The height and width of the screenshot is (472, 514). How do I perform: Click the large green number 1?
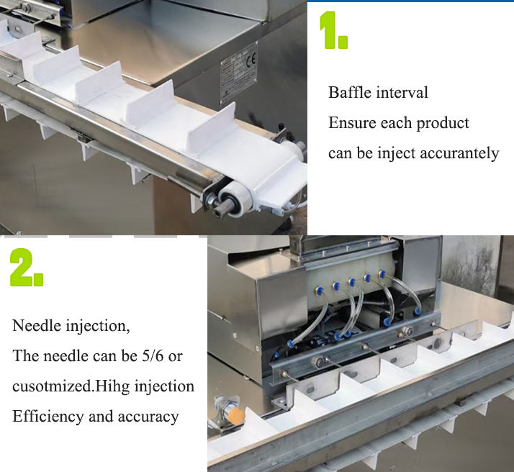click(333, 30)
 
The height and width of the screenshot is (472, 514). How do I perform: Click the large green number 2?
click(26, 268)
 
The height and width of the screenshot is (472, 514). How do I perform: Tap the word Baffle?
click(350, 92)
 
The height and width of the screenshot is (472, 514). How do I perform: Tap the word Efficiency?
click(48, 417)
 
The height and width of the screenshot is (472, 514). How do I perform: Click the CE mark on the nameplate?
click(251, 60)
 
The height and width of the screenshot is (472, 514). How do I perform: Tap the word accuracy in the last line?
click(148, 417)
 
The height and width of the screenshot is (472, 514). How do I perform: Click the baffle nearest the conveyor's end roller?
click(212, 128)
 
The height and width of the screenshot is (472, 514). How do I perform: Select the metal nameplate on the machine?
click(239, 73)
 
